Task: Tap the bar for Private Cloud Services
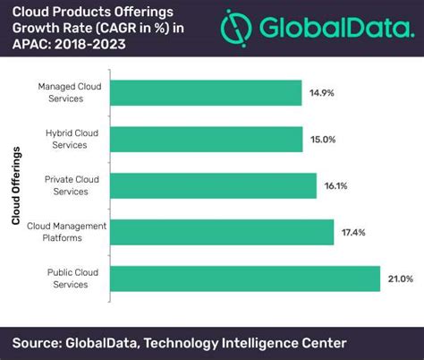point(205,185)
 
